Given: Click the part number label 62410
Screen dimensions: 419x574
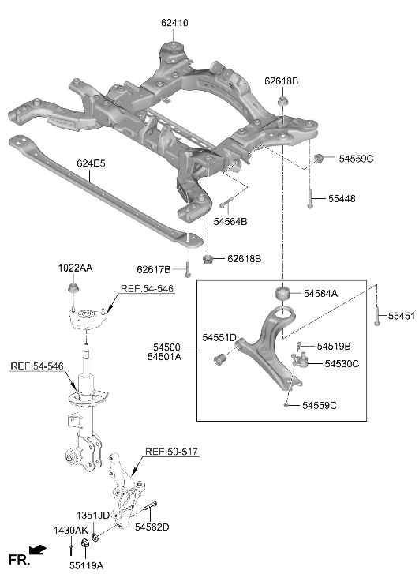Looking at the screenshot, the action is pos(174,23).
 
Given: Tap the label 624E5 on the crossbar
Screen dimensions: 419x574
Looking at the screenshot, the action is pos(91,163).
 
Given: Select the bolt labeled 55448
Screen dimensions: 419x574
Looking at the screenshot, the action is pos(310,198).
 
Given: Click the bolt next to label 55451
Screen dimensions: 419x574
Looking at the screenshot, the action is pos(376,316).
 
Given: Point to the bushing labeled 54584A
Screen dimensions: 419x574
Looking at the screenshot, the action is pos(282,293).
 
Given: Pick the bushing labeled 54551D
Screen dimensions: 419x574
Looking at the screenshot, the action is pos(219,359).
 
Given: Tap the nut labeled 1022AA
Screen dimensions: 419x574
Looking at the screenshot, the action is pos(73,288).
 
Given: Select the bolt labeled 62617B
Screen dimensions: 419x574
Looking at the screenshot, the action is pos(188,270).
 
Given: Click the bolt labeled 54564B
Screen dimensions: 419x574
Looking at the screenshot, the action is pos(227,202).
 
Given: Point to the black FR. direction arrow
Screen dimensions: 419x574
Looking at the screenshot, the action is pos(38,549).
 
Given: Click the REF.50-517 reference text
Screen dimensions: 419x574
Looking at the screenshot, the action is pos(172,452).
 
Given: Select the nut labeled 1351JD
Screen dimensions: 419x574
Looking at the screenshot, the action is pos(95,538).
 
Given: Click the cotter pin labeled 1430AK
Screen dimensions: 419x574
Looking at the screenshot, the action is pos(71,550).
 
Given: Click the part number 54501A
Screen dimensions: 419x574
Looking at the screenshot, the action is pos(164,357).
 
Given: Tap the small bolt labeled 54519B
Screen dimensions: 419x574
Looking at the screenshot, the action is pos(299,344).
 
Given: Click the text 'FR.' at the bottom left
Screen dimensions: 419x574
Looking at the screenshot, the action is pos(18,560).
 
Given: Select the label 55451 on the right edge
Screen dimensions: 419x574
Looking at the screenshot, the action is pos(402,316).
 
